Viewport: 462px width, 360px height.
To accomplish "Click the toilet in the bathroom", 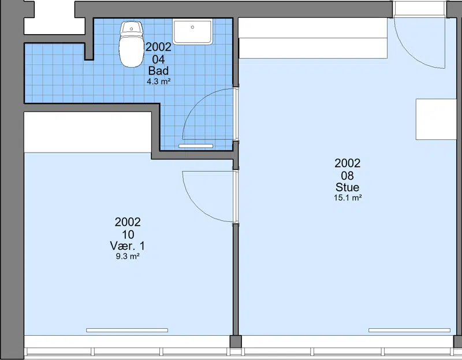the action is click(132, 44).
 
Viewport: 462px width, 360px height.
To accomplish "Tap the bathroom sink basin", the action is click(192, 31).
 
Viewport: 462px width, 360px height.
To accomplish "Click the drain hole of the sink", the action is click(192, 27).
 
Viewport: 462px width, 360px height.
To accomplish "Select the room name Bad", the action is click(158, 70).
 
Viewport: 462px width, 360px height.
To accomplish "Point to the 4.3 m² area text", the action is click(158, 81).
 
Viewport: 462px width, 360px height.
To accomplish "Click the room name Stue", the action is click(348, 187).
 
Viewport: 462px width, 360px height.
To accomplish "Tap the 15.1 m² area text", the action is click(348, 198).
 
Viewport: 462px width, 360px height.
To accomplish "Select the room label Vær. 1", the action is click(128, 246).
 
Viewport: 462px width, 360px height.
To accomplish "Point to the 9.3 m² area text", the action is click(128, 256).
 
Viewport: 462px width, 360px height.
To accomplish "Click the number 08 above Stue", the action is click(348, 176).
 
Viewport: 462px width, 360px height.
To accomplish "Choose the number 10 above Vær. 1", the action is click(128, 235).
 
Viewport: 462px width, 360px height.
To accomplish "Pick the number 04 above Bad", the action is click(158, 60).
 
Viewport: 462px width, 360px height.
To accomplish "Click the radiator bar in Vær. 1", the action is click(127, 330).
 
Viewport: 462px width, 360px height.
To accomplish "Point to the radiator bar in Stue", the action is click(409, 330).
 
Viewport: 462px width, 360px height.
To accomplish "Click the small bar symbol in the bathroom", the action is click(196, 146).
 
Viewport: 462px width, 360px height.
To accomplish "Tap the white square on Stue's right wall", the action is click(436, 119).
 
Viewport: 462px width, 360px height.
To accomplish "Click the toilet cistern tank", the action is click(132, 28).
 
